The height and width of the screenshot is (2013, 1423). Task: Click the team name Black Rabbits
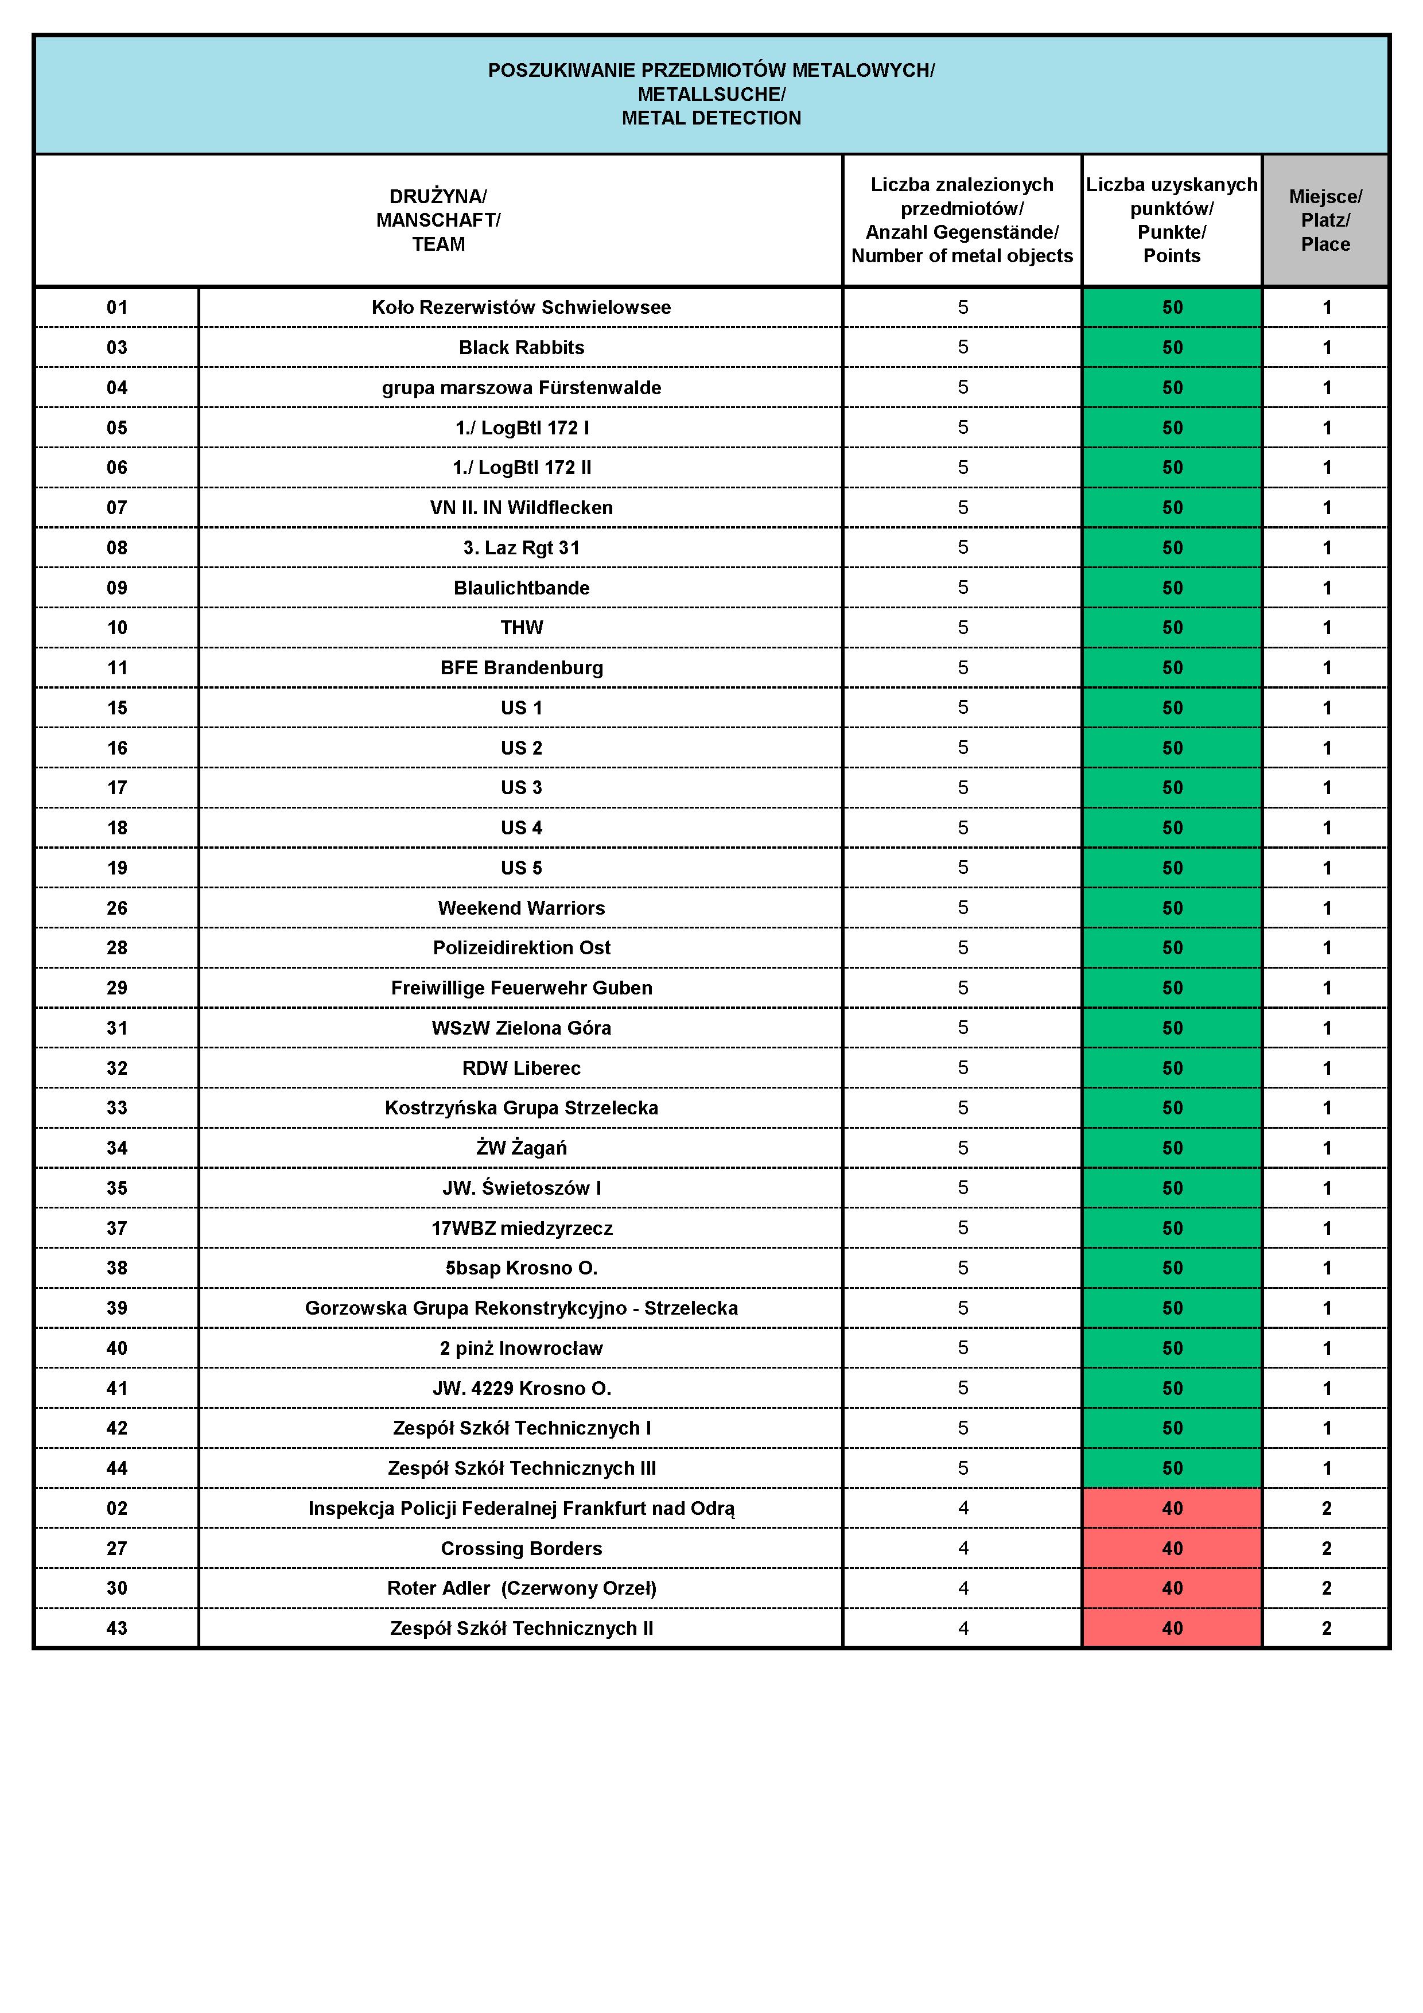[x=521, y=347]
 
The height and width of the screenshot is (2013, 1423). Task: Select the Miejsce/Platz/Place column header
[x=1325, y=220]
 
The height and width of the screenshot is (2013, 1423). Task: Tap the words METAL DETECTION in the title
[x=711, y=118]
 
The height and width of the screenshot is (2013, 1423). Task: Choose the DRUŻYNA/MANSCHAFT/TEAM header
[x=438, y=220]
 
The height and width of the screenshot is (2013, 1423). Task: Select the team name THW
[x=521, y=628]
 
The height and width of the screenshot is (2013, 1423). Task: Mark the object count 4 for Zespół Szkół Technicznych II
[x=963, y=1628]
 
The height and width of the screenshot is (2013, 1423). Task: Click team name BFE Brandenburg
[x=521, y=668]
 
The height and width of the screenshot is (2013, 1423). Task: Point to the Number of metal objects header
[x=962, y=256]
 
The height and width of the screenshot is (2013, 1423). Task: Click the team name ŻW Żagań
[x=521, y=1148]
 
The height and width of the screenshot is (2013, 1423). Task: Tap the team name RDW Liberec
[x=521, y=1068]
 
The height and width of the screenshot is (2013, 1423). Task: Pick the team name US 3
[x=521, y=787]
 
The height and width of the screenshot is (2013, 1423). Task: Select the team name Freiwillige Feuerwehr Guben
[x=521, y=988]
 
